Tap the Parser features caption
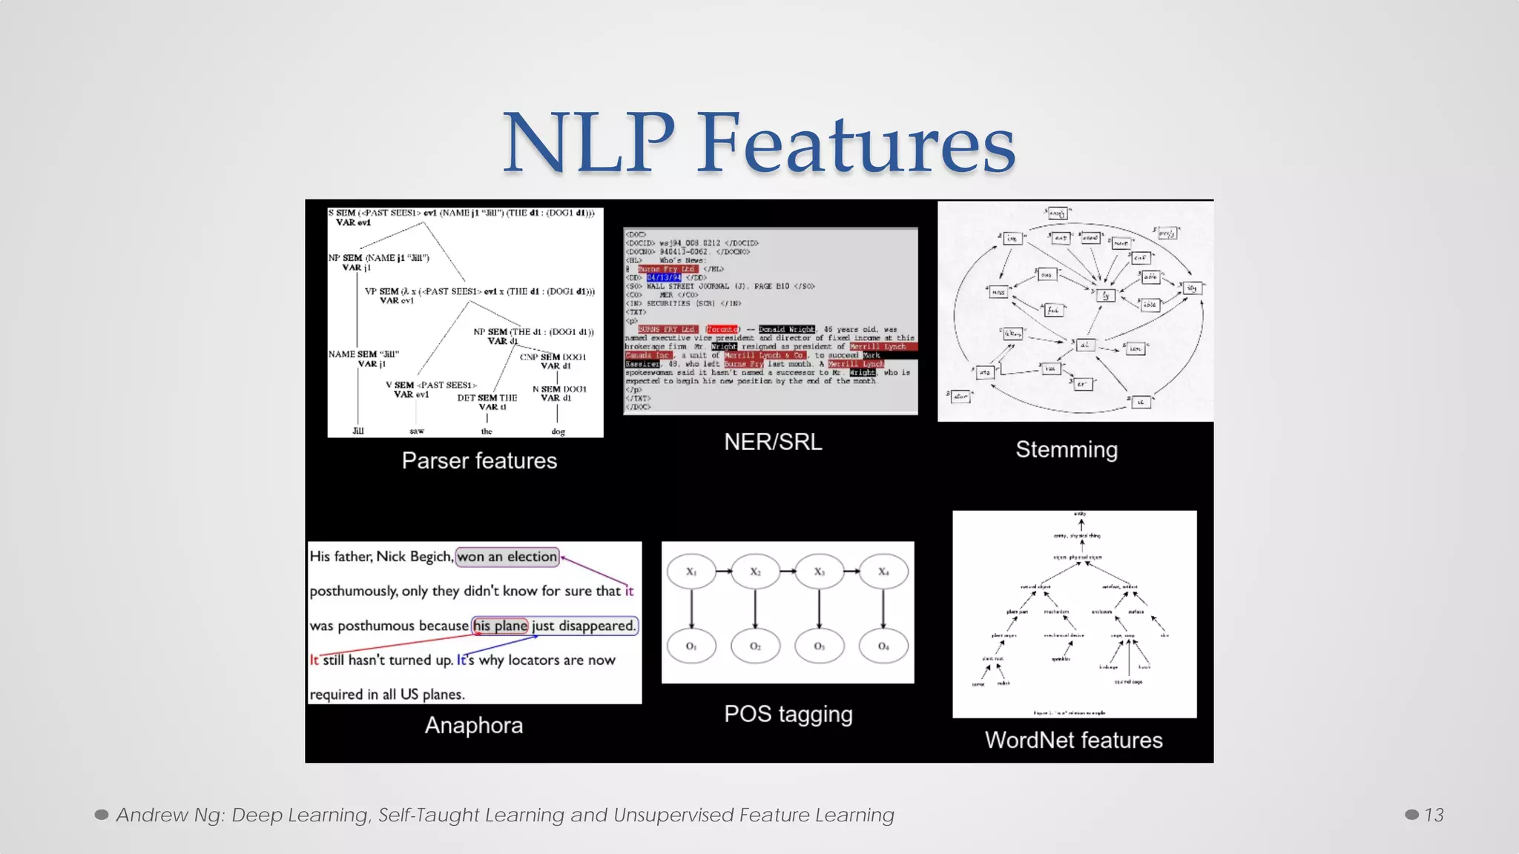479,461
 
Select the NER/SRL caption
773,443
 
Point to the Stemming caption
1066,450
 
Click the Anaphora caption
473,726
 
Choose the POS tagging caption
788,715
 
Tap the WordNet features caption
1073,741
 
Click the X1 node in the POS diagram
691,572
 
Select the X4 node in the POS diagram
883,572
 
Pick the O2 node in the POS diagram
755,646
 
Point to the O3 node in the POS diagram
819,646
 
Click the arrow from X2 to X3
787,572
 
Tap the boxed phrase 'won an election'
507,557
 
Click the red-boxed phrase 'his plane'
501,626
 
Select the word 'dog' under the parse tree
558,431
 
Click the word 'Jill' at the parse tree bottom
358,431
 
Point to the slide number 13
1434,815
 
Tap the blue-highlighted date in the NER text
664,278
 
